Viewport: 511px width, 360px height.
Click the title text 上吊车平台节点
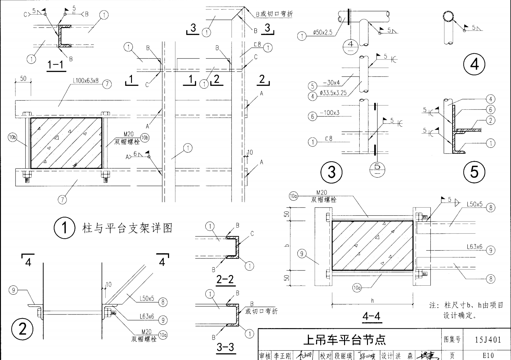[x=344, y=340]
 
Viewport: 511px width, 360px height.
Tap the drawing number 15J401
[x=488, y=340]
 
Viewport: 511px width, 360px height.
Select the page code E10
[x=488, y=355]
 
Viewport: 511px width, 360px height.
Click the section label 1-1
[x=56, y=65]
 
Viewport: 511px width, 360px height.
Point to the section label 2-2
[x=225, y=279]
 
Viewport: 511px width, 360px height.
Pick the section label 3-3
[x=225, y=347]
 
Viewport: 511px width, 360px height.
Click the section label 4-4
[x=371, y=316]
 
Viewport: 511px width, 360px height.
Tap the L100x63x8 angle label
[x=85, y=81]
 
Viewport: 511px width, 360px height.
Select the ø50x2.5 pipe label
[x=322, y=32]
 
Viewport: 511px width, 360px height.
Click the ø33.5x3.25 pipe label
[x=333, y=93]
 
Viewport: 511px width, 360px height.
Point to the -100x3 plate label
[x=330, y=113]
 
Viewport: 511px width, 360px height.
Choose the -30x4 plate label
[x=331, y=83]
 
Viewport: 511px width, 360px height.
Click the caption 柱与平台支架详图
[x=127, y=228]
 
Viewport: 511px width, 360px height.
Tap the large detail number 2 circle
[x=23, y=329]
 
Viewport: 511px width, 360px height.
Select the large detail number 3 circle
[x=331, y=172]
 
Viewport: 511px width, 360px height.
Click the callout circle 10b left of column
[x=12, y=137]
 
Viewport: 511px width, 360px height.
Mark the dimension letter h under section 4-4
[x=372, y=301]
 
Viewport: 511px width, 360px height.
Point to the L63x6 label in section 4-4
[x=474, y=247]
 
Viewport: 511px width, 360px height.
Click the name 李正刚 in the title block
[x=282, y=356]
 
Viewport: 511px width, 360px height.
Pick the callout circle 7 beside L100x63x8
[x=107, y=84]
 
